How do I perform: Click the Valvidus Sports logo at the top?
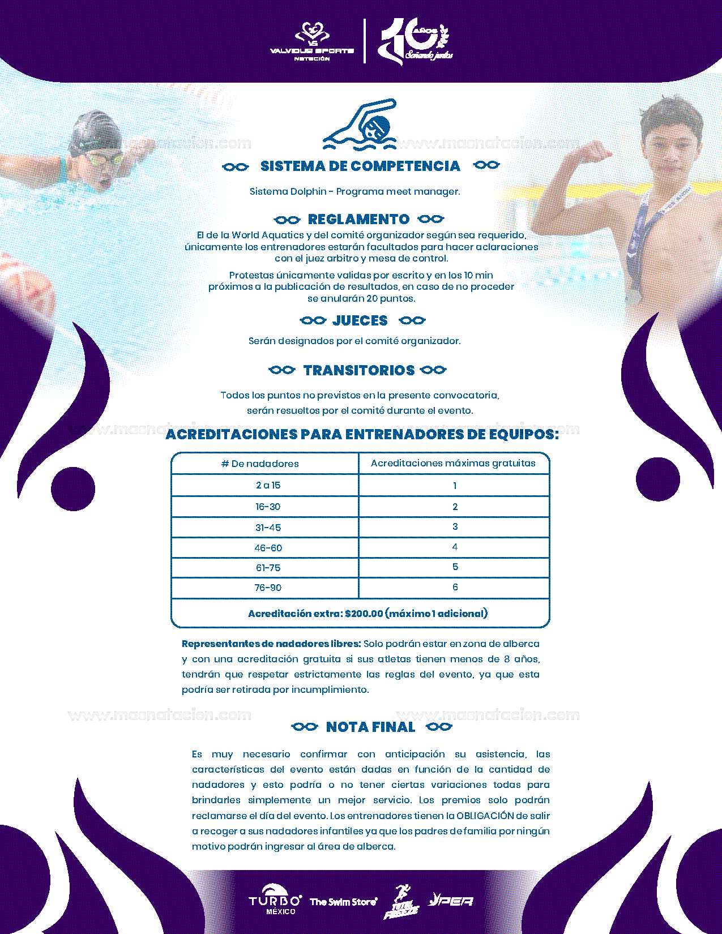tap(312, 41)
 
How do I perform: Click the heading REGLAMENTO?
tap(358, 219)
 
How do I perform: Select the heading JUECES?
tap(360, 320)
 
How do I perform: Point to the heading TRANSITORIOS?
tap(359, 370)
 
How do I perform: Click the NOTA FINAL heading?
tap(370, 727)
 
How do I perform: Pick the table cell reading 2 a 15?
tap(268, 485)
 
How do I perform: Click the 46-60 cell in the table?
tap(268, 547)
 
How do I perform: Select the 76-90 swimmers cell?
tap(268, 588)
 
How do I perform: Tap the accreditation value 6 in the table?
tap(455, 587)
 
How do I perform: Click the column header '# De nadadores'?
tap(260, 464)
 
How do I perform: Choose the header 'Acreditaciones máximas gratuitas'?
tap(453, 463)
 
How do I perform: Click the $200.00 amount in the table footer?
tap(364, 614)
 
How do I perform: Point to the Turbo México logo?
tap(275, 899)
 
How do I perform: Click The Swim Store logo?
tap(343, 902)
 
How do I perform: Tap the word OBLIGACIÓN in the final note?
tap(485, 816)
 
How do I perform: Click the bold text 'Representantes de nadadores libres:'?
tap(271, 644)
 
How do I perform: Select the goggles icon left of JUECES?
tap(313, 320)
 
